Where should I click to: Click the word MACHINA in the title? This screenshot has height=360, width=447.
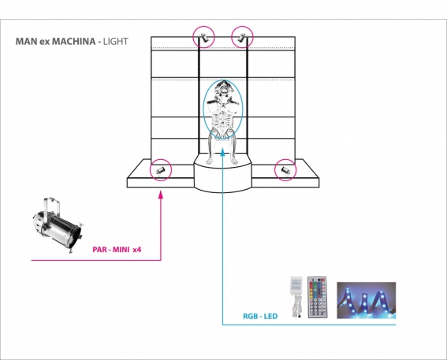click(74, 41)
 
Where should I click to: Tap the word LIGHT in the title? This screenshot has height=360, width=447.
click(115, 41)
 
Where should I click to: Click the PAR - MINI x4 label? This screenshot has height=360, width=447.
click(117, 250)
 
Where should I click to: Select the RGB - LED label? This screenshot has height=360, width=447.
click(260, 316)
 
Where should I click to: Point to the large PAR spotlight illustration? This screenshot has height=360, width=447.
click(57, 225)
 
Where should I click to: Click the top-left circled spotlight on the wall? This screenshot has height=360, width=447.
click(203, 37)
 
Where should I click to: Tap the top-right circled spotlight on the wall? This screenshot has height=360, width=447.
click(242, 37)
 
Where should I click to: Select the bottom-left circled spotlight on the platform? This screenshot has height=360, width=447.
click(161, 170)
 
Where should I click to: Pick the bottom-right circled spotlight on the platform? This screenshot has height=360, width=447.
click(285, 170)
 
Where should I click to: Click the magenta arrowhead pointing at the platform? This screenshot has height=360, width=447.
click(161, 195)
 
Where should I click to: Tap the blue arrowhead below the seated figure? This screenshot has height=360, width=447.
click(222, 152)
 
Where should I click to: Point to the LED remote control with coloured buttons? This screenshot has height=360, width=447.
click(317, 297)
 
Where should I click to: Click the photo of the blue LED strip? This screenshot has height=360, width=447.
click(367, 300)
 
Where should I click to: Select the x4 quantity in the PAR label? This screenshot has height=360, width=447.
click(137, 250)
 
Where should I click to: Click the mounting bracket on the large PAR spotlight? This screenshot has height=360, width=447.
click(51, 205)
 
